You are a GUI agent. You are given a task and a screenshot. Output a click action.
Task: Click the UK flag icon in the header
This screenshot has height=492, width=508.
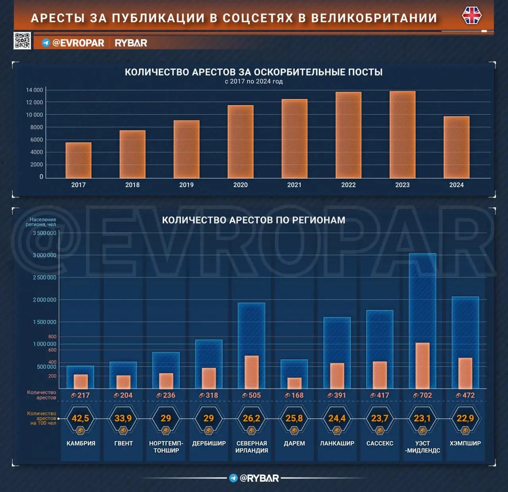click(x=471, y=16)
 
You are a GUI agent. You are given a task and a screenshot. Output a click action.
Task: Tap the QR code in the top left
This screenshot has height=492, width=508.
click(x=22, y=40)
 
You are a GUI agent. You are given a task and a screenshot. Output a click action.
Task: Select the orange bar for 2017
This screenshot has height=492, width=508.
click(x=78, y=160)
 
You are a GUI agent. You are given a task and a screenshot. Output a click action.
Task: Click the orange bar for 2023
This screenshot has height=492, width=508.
click(x=402, y=135)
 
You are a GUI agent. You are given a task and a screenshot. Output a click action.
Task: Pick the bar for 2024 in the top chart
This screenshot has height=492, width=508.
click(x=456, y=147)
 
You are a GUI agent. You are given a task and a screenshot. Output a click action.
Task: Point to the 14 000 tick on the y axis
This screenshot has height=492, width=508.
click(x=35, y=90)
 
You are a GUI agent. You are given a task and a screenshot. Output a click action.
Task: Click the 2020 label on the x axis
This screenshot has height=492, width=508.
click(x=240, y=185)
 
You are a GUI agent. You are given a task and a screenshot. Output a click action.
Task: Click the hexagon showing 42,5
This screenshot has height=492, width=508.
click(x=80, y=419)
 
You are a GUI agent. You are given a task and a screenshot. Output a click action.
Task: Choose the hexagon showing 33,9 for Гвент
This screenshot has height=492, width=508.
click(x=123, y=419)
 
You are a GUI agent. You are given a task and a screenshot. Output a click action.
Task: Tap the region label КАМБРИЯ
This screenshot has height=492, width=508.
click(x=81, y=443)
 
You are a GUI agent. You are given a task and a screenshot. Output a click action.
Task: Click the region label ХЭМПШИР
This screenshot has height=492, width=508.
click(x=465, y=443)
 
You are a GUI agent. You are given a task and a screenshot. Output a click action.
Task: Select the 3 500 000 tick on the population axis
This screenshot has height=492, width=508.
click(x=44, y=233)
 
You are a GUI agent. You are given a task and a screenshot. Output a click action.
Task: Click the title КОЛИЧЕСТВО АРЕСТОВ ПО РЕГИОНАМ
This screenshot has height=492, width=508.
click(x=254, y=220)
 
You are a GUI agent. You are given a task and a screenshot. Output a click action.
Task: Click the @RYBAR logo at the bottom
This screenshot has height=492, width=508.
click(x=254, y=478)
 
